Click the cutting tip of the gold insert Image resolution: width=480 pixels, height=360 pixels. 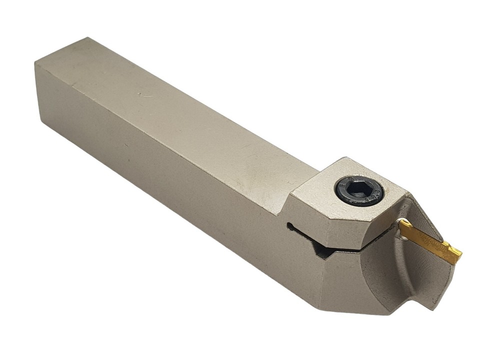click(458, 257)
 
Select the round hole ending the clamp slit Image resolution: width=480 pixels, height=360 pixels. click(290, 226)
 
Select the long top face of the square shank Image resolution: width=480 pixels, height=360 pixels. click(175, 115)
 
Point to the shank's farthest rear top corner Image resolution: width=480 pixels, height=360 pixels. click(88, 38)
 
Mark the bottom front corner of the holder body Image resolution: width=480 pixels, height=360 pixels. click(320, 306)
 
